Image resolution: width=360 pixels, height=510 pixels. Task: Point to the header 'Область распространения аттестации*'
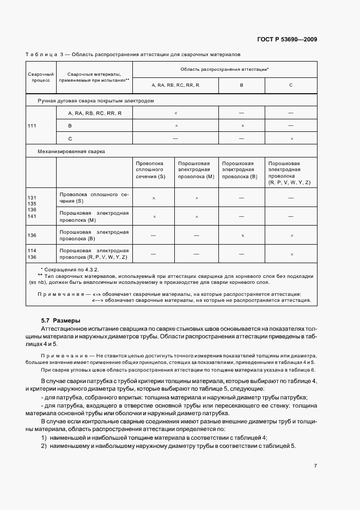[224, 70]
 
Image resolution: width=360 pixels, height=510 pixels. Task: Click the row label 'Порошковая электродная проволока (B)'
[94, 235]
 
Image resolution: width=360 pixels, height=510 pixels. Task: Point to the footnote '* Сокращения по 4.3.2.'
[68, 270]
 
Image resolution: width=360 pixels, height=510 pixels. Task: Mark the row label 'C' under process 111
[70, 138]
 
